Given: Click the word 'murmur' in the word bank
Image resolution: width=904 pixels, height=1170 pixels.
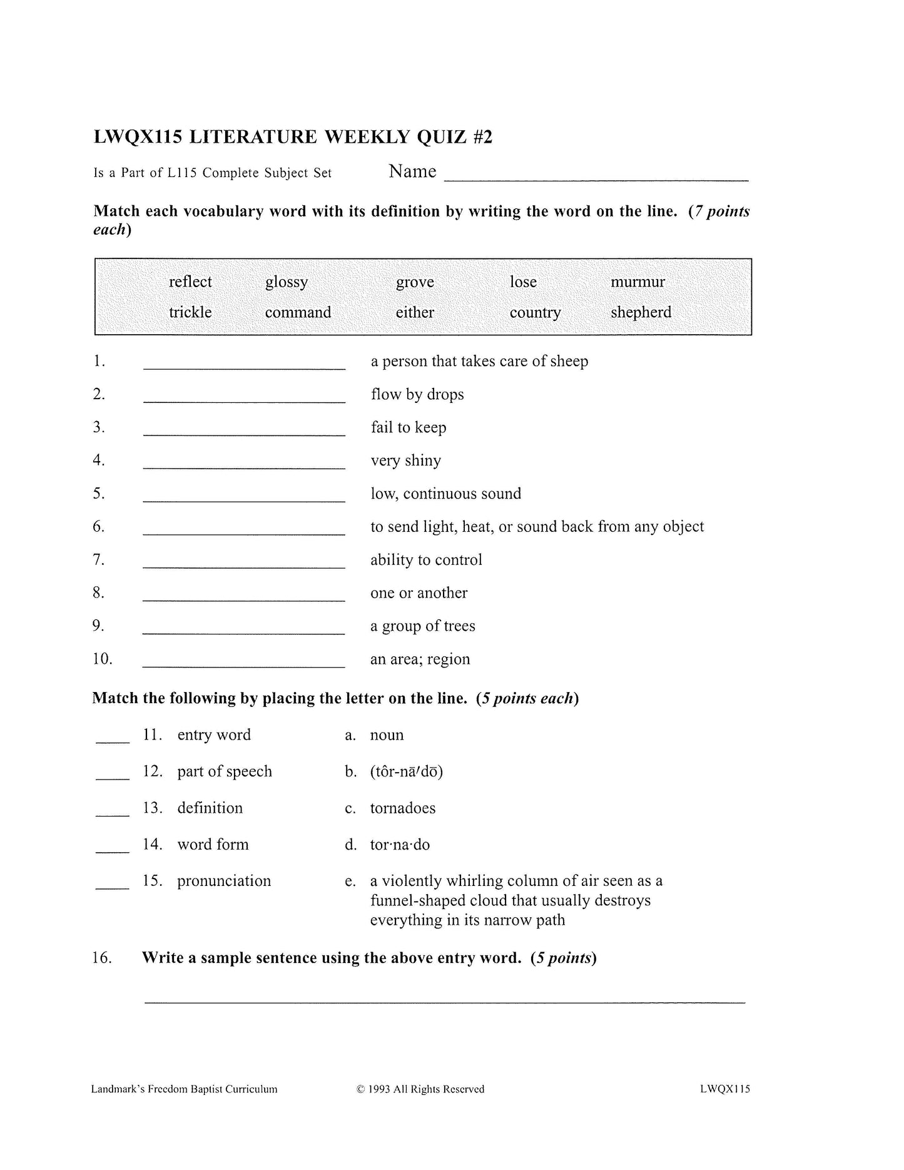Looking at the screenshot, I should (x=637, y=282).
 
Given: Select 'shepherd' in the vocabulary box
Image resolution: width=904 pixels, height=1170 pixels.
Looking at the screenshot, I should (x=641, y=312).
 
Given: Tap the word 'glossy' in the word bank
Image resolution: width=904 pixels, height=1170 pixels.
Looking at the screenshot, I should (x=287, y=282).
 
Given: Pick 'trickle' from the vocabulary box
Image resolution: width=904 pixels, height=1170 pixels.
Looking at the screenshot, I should (x=190, y=312).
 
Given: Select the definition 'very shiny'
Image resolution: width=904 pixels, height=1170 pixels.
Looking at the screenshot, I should (x=405, y=460).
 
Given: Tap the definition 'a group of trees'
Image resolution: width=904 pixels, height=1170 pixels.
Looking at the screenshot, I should (x=422, y=626).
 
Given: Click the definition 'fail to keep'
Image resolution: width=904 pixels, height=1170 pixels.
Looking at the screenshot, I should (x=408, y=427).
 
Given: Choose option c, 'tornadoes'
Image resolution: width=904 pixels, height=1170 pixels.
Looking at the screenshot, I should (x=402, y=808).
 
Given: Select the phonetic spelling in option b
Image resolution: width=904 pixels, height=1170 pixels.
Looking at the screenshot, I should (x=406, y=771).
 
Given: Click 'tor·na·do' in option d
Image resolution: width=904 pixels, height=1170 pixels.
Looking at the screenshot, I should (x=400, y=845).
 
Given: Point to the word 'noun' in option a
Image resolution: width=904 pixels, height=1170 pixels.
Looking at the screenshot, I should (x=387, y=735).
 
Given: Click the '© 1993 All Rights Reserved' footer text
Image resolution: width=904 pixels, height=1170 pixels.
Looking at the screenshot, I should (x=420, y=1089).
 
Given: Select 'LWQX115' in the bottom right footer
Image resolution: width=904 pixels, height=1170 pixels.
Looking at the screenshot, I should (x=725, y=1089).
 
